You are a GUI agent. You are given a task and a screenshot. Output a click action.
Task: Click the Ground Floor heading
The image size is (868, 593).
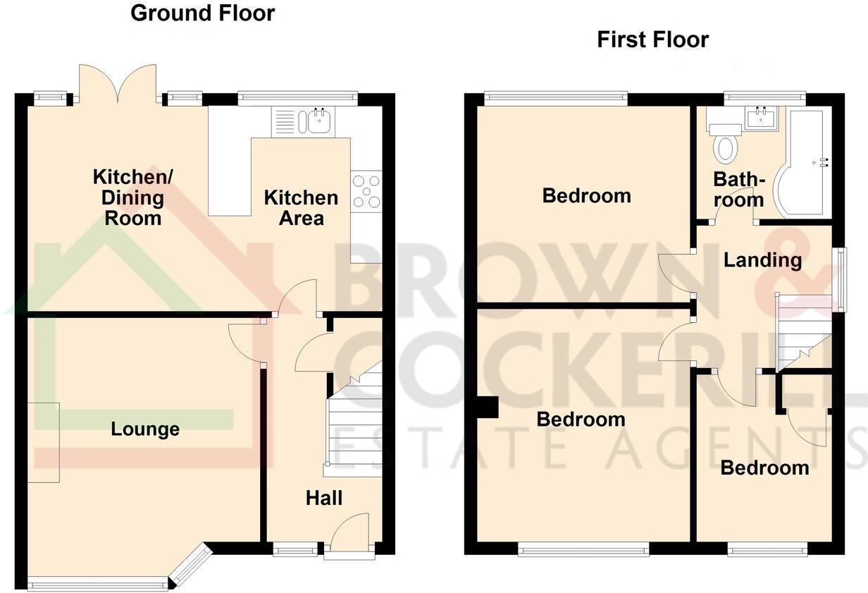[x=203, y=13]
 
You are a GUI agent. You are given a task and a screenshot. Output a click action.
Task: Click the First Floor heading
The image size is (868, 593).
[x=652, y=39]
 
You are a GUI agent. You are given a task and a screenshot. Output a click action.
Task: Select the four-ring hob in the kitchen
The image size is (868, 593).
[x=366, y=191]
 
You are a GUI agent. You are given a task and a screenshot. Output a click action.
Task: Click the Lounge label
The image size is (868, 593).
[x=145, y=429]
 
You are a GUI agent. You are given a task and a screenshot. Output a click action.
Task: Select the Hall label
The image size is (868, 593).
[x=324, y=498]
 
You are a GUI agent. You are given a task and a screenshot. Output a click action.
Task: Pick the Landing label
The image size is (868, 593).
[x=763, y=260]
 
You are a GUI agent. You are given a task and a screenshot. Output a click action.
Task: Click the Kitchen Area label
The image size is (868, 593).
[x=301, y=207]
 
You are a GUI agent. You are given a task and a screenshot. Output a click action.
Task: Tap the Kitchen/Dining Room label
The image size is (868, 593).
[x=128, y=197]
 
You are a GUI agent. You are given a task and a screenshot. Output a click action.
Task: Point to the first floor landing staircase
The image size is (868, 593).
[x=803, y=331]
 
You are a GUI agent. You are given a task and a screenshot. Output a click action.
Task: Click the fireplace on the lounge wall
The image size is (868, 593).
[x=44, y=442]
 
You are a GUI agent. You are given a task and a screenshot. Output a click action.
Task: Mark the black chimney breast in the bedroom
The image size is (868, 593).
[x=488, y=408]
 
